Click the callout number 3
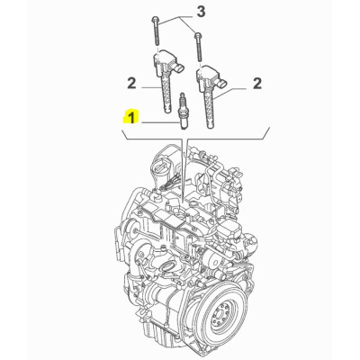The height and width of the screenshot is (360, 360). (x=202, y=11)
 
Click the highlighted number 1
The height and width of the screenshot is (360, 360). (x=132, y=117)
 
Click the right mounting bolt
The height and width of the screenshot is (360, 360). (x=196, y=46)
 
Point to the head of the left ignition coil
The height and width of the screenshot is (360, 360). (x=169, y=65)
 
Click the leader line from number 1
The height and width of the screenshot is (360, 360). (x=158, y=120)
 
